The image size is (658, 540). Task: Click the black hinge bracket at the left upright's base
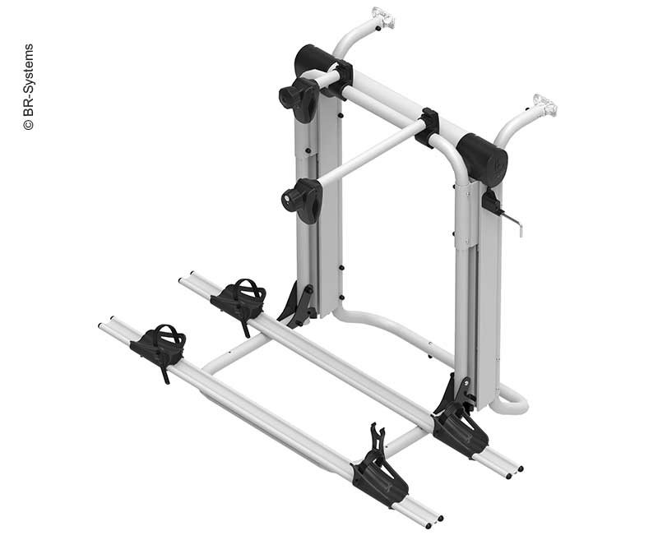pyautogui.click(x=299, y=304)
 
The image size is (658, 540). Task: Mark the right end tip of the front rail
pyautogui.click(x=433, y=519)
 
